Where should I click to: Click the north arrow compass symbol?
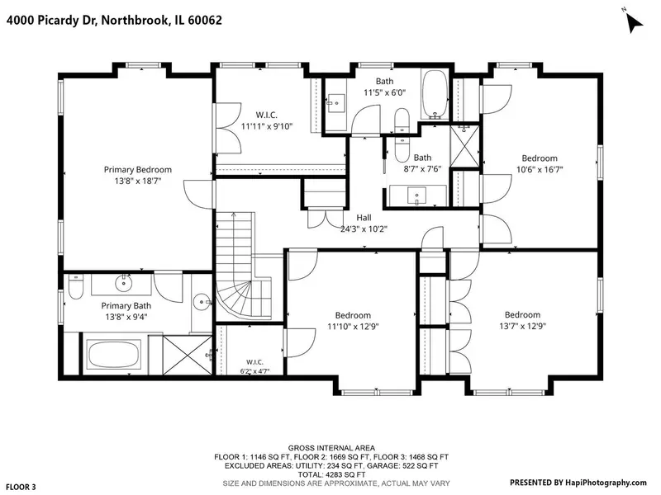(x=635, y=22)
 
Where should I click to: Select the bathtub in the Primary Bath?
(x=114, y=354)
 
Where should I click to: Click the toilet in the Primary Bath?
(x=75, y=286)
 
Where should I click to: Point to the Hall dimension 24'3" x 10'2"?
(x=364, y=229)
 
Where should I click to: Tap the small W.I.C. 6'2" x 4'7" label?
(x=254, y=367)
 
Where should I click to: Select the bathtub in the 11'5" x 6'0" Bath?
(x=435, y=93)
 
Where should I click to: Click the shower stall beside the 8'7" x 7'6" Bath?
(x=464, y=146)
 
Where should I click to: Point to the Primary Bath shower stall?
(x=188, y=355)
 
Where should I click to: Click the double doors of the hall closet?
(x=326, y=218)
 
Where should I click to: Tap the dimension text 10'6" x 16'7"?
(x=540, y=170)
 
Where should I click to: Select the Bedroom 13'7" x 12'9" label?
(x=523, y=320)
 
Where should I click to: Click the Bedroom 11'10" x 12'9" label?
(x=354, y=321)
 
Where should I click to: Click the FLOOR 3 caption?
(x=21, y=487)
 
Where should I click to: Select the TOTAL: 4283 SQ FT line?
(x=331, y=474)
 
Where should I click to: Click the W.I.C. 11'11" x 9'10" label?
(x=266, y=120)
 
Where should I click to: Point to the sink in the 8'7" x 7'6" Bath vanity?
(x=417, y=196)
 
